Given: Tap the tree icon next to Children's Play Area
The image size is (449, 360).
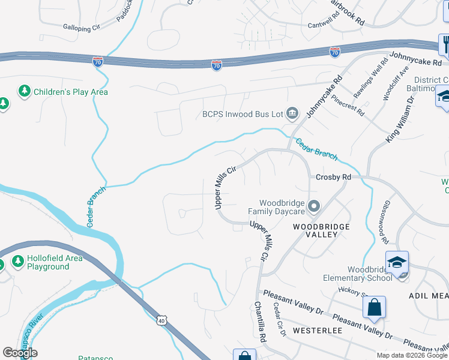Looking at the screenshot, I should [25, 92].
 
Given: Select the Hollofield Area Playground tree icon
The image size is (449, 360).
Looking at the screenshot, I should [17, 262].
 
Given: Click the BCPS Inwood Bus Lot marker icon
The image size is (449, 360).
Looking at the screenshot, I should [292, 112].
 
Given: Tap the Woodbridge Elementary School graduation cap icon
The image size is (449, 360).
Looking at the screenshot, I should [397, 262].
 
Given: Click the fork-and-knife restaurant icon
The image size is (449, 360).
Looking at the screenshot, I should [445, 43].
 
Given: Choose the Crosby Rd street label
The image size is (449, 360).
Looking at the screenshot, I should [333, 178].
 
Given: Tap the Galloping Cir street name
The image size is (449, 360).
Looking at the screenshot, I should [82, 28].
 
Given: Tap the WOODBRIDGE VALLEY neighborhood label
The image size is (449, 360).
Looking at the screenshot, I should [315, 230].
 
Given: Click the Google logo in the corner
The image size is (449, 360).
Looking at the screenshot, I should [20, 353].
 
